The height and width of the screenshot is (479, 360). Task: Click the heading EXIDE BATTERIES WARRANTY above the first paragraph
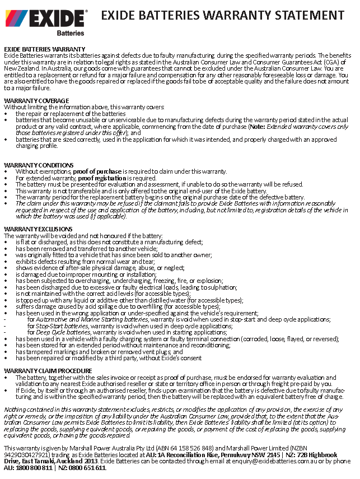tap(44, 49)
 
